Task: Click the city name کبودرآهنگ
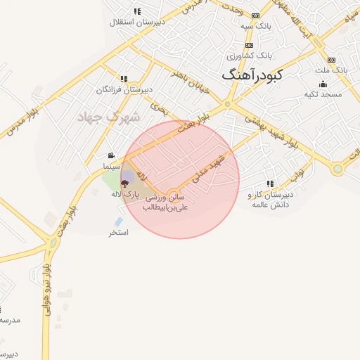252,74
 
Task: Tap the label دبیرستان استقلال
136,22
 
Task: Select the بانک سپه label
255,26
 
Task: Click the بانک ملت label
331,70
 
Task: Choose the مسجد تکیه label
323,94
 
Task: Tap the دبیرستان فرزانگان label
124,89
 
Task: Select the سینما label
111,167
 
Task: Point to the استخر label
118,232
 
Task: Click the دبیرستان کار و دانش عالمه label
270,198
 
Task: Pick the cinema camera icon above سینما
111,156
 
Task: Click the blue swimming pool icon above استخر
118,221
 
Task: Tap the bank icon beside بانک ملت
331,60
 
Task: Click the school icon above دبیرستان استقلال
136,11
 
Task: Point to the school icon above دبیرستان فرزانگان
124,79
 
